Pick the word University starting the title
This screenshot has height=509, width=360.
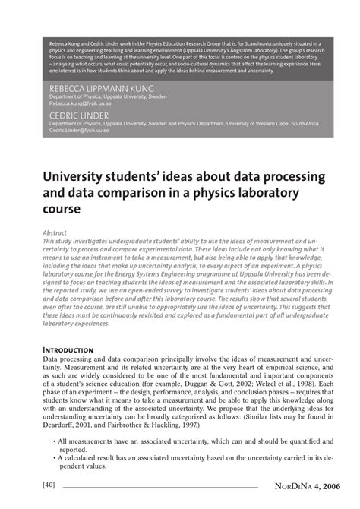(x=71, y=177)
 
